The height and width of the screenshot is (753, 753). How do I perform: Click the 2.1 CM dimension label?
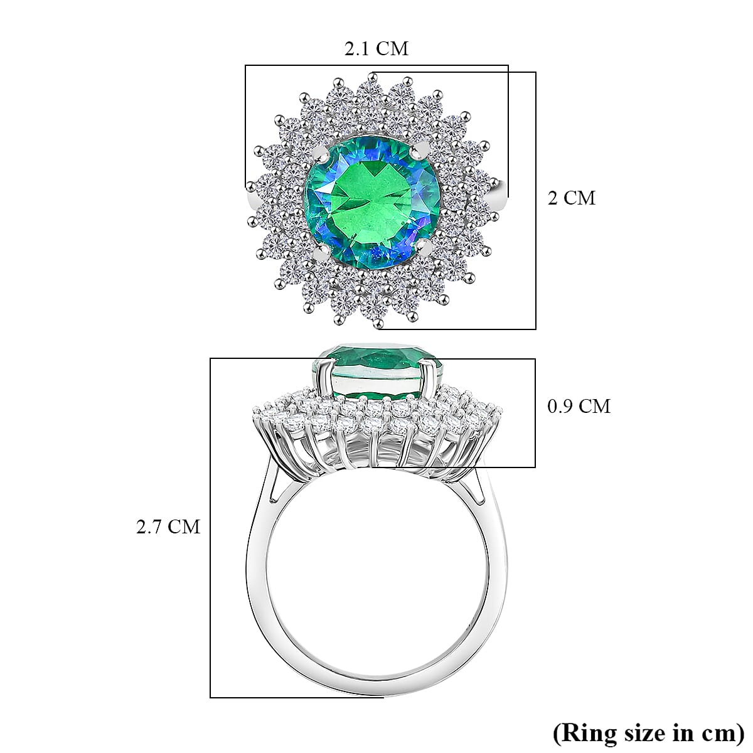point(376,48)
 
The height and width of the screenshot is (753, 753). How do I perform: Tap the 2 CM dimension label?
point(571,198)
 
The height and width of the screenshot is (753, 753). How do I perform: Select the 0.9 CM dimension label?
point(579,407)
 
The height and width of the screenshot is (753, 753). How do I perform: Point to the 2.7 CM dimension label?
point(168,526)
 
